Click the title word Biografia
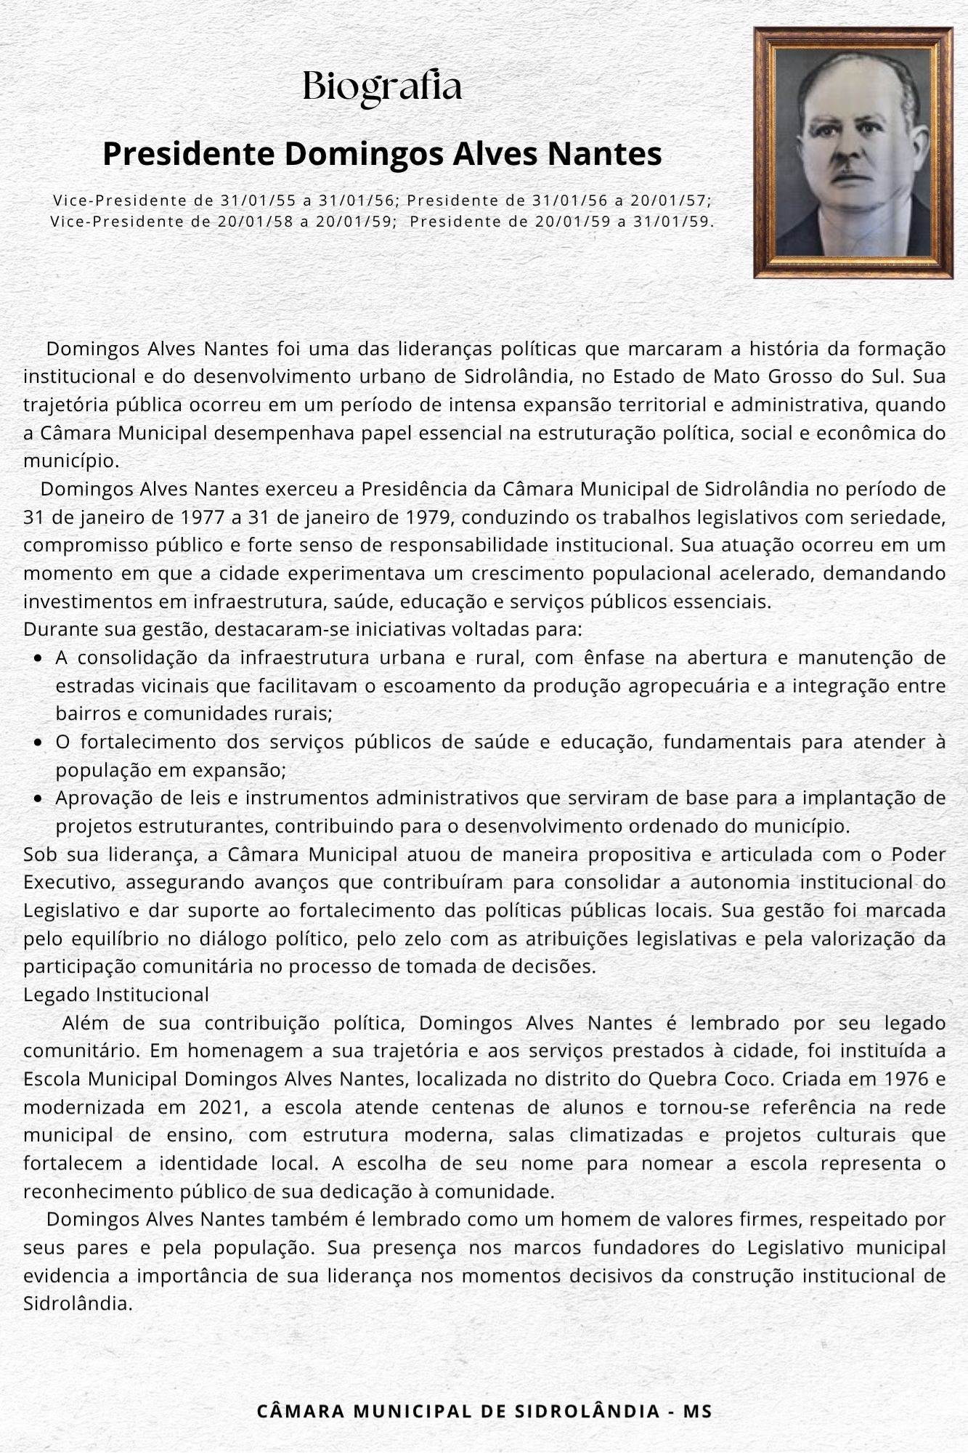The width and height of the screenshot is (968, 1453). [382, 87]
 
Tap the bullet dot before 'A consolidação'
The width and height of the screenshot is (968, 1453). [38, 659]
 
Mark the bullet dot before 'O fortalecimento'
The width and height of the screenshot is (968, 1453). [38, 743]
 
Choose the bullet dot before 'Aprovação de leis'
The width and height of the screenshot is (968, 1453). [38, 799]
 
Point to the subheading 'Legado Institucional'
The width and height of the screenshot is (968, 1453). [116, 995]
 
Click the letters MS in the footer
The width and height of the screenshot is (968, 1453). [697, 1412]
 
